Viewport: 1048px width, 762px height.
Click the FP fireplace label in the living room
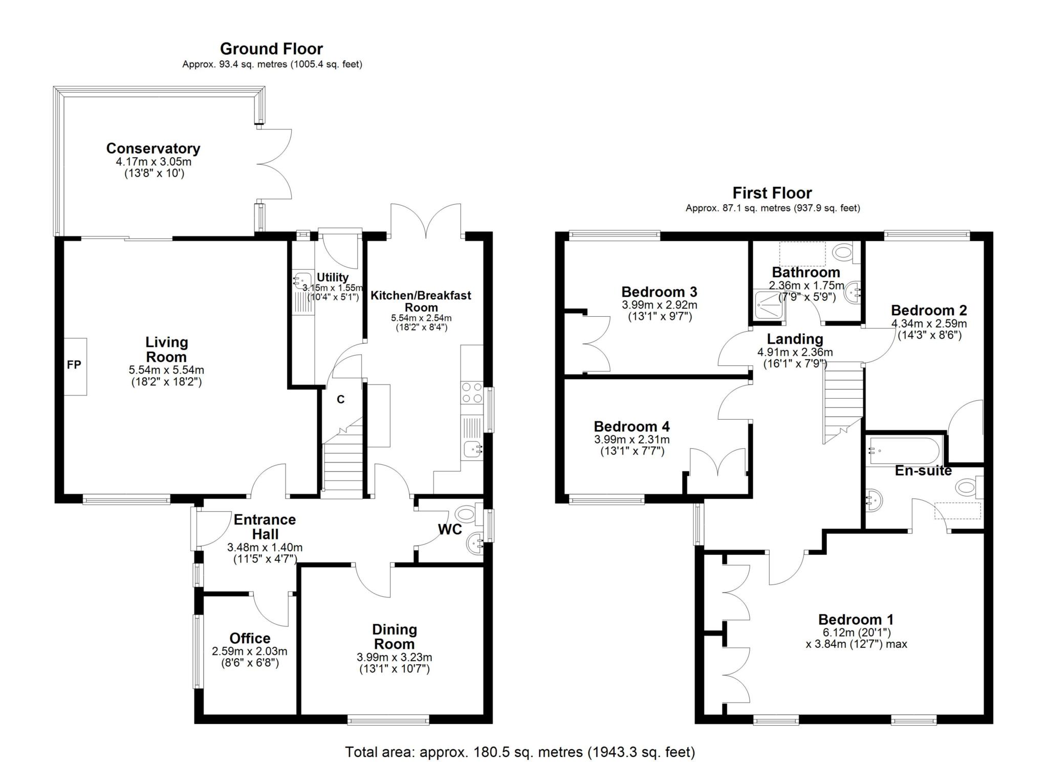tap(74, 365)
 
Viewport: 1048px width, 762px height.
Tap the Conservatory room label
tap(153, 148)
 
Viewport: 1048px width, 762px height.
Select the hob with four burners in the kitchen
tap(472, 393)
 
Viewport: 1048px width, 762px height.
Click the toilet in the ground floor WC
tap(469, 513)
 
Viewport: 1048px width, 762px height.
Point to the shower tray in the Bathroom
tap(769, 307)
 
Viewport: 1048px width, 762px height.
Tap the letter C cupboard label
tap(341, 400)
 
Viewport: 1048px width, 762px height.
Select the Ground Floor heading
tap(271, 49)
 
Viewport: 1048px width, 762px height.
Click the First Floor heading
tap(772, 193)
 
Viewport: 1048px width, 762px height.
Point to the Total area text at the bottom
tap(520, 752)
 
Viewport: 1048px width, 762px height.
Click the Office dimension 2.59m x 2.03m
tap(250, 651)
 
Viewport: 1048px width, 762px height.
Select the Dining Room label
tap(395, 637)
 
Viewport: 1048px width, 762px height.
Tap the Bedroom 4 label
tap(631, 426)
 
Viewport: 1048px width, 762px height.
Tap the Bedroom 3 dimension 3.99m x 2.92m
tap(660, 305)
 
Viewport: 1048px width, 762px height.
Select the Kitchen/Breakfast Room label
tap(421, 301)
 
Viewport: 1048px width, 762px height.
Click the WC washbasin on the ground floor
tap(475, 544)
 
